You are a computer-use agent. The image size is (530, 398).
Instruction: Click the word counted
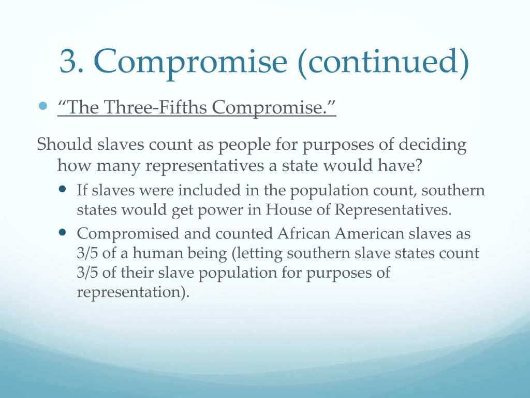click(242, 234)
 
